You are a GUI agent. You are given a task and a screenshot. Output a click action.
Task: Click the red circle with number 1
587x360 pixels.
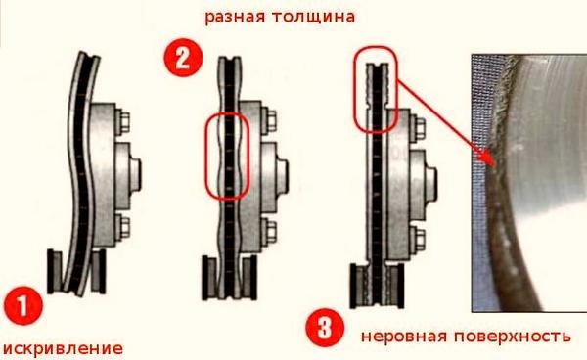coord(22,304)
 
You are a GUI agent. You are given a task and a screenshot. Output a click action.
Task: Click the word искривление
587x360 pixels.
coord(63,347)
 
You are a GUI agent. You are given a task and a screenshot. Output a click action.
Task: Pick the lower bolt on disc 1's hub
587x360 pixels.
coord(125,230)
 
